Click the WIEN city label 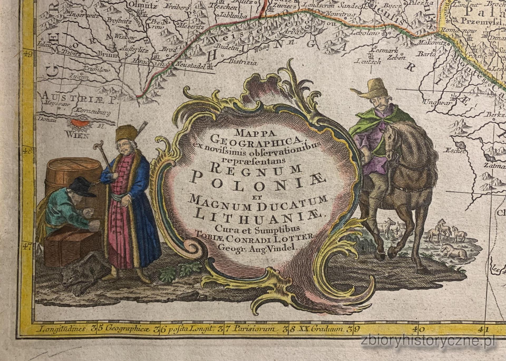pyautogui.click(x=79, y=135)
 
